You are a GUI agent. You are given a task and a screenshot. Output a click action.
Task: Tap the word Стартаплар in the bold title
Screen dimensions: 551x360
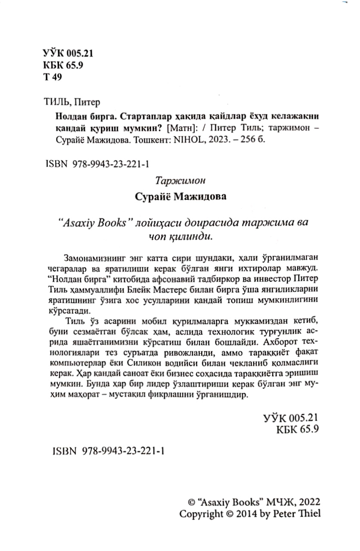click(144, 117)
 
